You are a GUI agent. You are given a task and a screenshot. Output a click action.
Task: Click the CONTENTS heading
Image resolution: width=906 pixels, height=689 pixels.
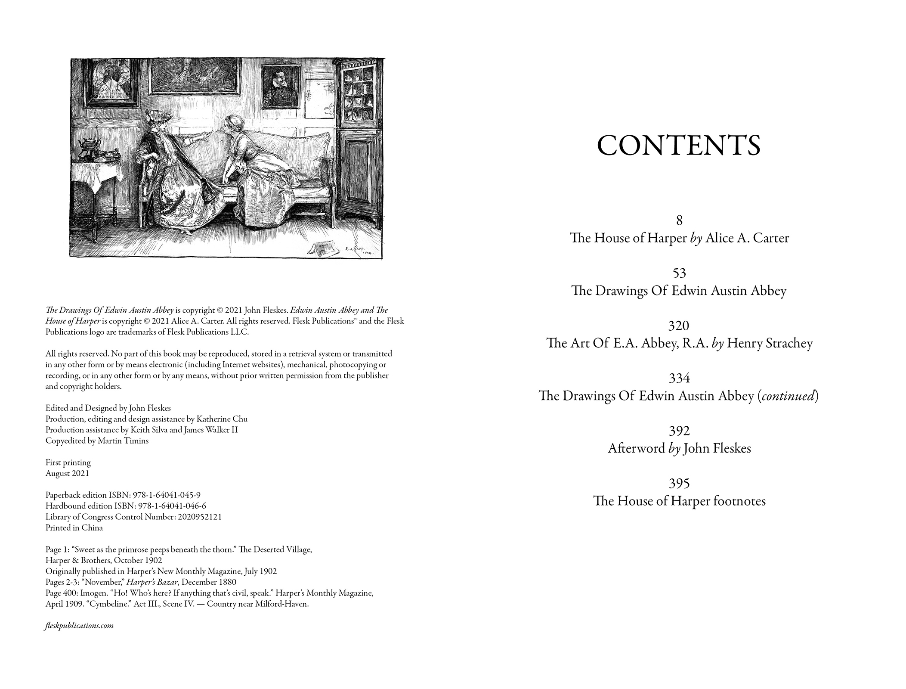679,146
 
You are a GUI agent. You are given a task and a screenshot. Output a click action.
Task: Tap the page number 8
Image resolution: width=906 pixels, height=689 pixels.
679,220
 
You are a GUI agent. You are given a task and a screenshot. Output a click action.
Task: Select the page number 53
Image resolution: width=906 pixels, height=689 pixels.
679,273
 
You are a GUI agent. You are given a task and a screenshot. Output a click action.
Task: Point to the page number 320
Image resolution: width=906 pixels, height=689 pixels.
679,326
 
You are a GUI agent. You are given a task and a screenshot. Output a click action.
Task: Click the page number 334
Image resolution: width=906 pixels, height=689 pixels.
679,378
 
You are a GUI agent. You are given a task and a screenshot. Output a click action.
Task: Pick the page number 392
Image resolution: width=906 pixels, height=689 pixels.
679,431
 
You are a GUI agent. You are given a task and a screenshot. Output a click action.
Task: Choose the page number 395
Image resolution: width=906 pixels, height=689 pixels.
679,484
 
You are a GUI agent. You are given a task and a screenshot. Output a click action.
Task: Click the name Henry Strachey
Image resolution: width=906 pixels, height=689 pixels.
770,343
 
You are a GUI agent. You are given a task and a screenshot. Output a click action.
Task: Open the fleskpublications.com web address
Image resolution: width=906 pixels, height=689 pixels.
79,626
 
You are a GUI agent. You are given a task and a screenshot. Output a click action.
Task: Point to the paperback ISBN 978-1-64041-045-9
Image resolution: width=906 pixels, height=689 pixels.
167,495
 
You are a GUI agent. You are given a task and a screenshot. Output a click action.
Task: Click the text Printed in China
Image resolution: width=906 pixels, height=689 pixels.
74,528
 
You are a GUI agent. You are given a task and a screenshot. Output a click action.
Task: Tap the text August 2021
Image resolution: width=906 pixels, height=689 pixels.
67,473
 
